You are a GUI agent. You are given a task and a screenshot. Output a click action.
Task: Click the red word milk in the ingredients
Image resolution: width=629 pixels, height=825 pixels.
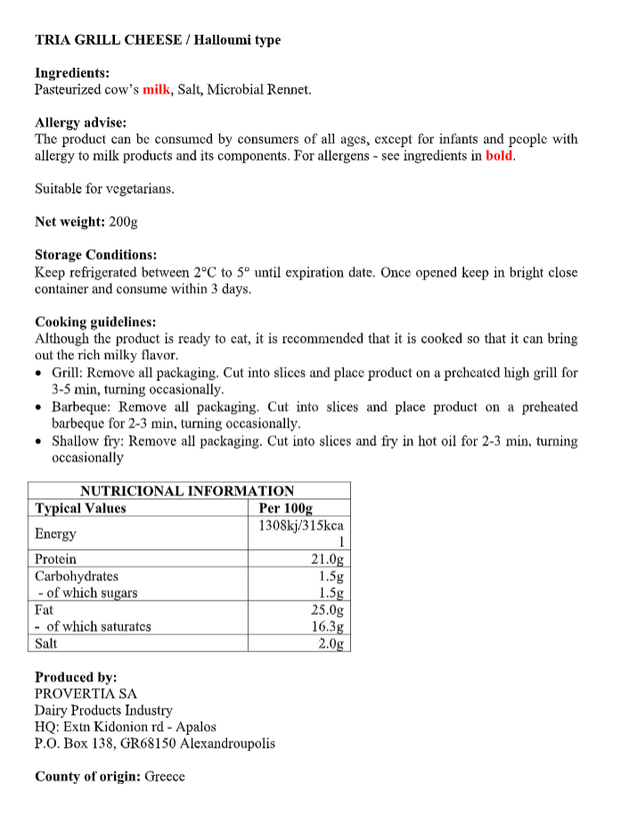click(x=156, y=90)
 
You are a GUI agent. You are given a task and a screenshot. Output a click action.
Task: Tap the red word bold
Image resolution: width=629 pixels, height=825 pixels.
click(x=500, y=156)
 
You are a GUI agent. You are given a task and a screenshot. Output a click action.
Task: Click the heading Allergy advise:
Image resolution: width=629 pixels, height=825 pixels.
click(x=80, y=123)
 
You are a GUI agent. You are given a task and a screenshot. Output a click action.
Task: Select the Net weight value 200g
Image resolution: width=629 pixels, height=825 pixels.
click(x=123, y=222)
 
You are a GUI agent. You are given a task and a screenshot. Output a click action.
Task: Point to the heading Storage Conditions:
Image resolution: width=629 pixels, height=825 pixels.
click(x=95, y=255)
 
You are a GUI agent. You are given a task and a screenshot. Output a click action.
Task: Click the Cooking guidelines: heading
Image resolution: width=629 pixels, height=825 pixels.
click(x=95, y=322)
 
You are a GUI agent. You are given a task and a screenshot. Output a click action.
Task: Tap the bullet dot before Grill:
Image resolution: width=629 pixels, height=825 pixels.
click(x=39, y=374)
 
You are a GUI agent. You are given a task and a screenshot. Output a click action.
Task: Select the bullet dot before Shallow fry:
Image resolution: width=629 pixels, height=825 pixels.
click(x=39, y=442)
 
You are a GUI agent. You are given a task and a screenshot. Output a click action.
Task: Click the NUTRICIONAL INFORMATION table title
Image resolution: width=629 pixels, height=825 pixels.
click(x=187, y=491)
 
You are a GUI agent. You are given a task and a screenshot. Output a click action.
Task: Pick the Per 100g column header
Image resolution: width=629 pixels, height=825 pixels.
click(x=285, y=509)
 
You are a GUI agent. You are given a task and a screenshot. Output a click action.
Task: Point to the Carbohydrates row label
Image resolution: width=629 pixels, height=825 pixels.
click(x=77, y=576)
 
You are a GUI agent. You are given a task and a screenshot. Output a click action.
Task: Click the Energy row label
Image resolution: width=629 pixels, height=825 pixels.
click(x=55, y=534)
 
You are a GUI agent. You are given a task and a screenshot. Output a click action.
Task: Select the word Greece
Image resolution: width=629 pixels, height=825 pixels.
click(x=165, y=777)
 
